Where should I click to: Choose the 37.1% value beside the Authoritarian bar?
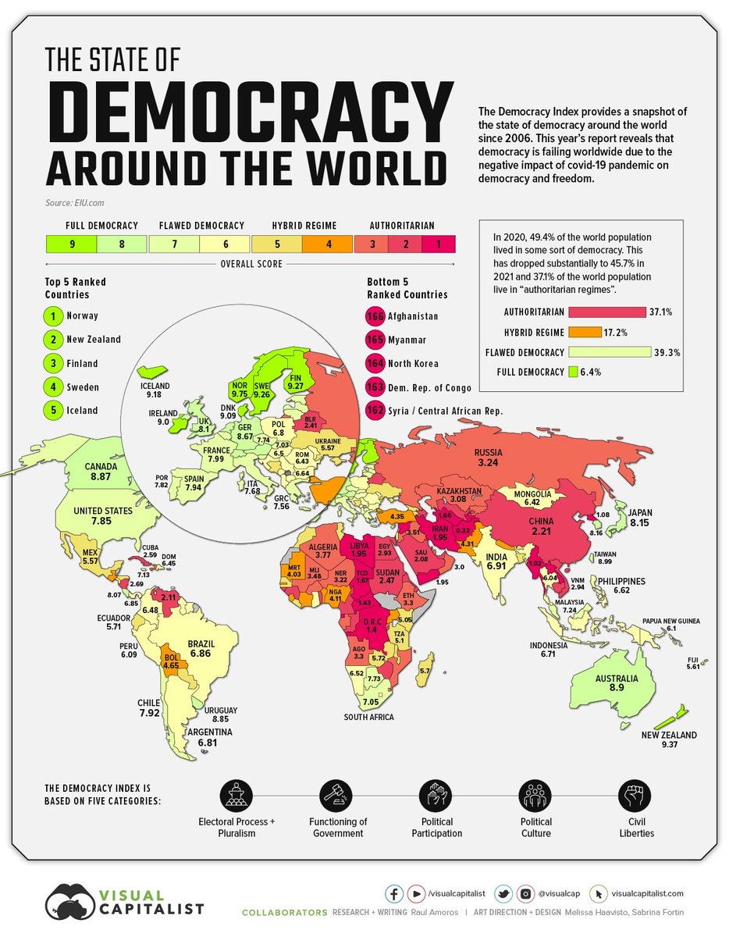point(660,312)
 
